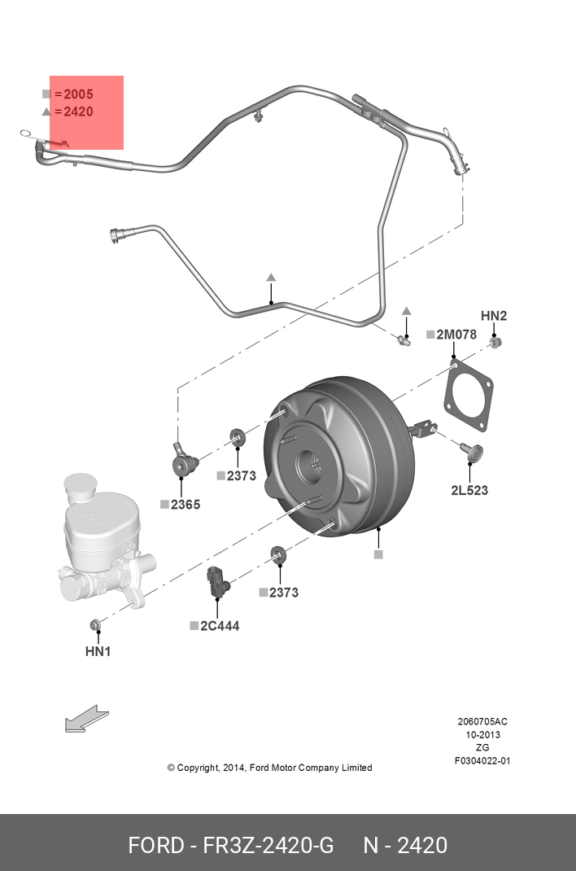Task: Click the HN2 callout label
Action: click(x=493, y=316)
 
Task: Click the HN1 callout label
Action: click(x=98, y=651)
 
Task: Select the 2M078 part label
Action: click(x=456, y=335)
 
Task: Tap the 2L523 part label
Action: click(x=469, y=490)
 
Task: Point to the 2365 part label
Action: click(x=185, y=505)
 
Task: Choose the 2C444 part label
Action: click(x=220, y=626)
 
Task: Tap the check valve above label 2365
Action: click(x=185, y=463)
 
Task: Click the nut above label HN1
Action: click(x=95, y=625)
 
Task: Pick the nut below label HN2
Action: click(x=497, y=341)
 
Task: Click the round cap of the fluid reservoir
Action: click(x=81, y=485)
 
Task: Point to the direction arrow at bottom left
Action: click(x=85, y=719)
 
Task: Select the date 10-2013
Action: click(x=482, y=734)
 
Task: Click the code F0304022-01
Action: click(x=482, y=761)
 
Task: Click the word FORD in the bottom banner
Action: click(x=156, y=845)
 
